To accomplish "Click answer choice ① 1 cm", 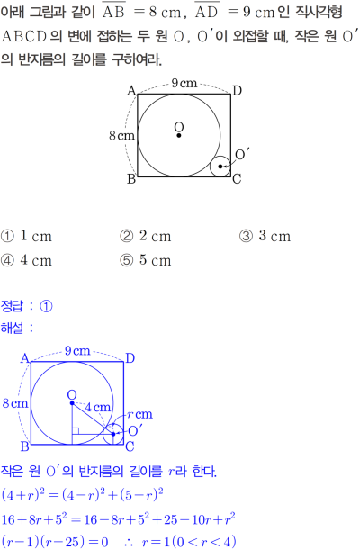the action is pyautogui.click(x=26, y=236).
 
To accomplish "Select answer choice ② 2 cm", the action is pyautogui.click(x=146, y=236).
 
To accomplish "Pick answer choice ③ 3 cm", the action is pyautogui.click(x=265, y=236).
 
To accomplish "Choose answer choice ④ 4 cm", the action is pyautogui.click(x=26, y=260).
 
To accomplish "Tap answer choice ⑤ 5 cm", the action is pyautogui.click(x=146, y=260).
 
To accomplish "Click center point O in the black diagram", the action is pyautogui.click(x=179, y=135).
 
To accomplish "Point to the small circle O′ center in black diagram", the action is pyautogui.click(x=220, y=167).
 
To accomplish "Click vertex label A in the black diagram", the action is pyautogui.click(x=131, y=91).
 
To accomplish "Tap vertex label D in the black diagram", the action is pyautogui.click(x=238, y=91).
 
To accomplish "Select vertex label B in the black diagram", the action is pyautogui.click(x=131, y=179).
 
